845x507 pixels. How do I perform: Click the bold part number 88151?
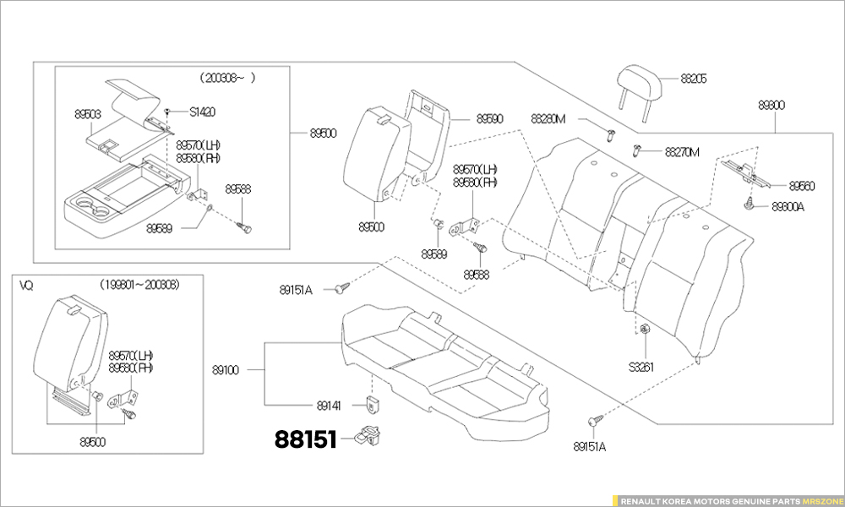[x=305, y=439]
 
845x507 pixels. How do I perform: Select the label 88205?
[x=693, y=79]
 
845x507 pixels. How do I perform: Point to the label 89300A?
[x=787, y=206]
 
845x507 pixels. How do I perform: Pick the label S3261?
[x=641, y=367]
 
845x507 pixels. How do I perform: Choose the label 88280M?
[x=548, y=118]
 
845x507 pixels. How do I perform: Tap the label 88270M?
[x=682, y=152]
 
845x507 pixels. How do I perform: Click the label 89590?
[x=489, y=119]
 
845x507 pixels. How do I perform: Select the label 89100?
[x=226, y=369]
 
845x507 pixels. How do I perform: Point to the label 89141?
[x=329, y=406]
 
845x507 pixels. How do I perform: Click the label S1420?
[x=202, y=112]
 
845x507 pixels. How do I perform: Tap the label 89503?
[x=87, y=112]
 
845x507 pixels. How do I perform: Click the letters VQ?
[x=26, y=285]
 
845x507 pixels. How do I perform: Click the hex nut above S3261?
[x=642, y=330]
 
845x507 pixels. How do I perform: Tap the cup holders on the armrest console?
[x=93, y=208]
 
